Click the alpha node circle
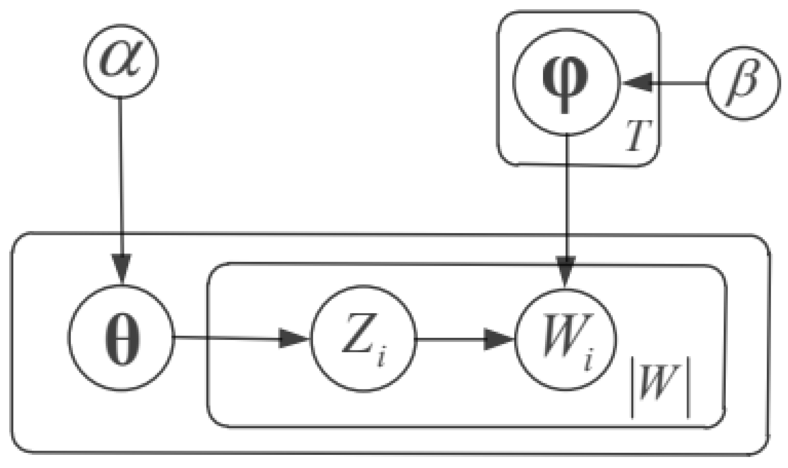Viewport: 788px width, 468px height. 121,61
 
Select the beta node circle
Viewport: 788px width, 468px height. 744,83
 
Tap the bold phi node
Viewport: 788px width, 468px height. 566,82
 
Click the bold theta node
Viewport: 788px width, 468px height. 121,338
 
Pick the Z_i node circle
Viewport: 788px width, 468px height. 364,339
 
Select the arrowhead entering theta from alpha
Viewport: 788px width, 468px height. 122,267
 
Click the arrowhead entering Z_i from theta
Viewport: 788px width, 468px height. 292,339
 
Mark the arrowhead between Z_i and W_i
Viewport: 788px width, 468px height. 498,339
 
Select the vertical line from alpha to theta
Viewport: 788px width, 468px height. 121,178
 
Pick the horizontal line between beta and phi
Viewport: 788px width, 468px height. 677,83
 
